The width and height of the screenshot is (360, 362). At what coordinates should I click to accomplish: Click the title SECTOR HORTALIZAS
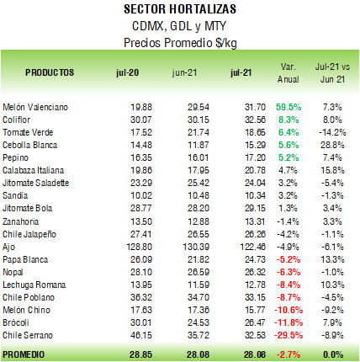tap(180, 9)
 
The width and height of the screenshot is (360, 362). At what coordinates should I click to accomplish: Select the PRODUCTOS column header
tap(50, 72)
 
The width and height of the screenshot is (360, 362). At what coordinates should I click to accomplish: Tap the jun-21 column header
tap(184, 72)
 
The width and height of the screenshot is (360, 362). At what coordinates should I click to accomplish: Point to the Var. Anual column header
tap(289, 73)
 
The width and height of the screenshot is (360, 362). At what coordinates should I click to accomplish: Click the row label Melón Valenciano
tap(35, 107)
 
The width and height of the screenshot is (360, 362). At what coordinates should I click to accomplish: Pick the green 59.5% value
tap(289, 107)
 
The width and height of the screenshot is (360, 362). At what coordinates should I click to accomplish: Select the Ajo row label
tap(8, 248)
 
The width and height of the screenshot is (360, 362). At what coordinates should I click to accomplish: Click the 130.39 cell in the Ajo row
tap(196, 247)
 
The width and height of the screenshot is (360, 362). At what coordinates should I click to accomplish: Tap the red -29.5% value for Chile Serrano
tap(289, 335)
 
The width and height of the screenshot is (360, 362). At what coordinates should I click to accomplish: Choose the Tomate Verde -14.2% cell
tap(332, 132)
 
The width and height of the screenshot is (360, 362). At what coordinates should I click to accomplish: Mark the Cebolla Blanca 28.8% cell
tap(332, 145)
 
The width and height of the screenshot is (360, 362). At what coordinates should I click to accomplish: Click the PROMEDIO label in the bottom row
tap(24, 354)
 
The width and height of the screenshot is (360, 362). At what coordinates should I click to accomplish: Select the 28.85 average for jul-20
tap(140, 354)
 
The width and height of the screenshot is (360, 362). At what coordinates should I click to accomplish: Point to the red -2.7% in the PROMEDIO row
tap(289, 354)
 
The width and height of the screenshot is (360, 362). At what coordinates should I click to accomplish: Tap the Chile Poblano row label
tap(29, 297)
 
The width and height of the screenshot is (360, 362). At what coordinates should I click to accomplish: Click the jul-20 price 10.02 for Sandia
tap(141, 195)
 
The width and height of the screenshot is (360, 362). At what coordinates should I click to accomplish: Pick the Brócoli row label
tap(16, 322)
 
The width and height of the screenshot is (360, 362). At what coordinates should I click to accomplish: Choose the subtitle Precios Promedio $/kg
tap(180, 43)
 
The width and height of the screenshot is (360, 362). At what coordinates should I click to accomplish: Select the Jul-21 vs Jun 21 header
tap(332, 73)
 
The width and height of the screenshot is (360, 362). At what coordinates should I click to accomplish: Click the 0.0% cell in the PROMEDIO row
tap(333, 354)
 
